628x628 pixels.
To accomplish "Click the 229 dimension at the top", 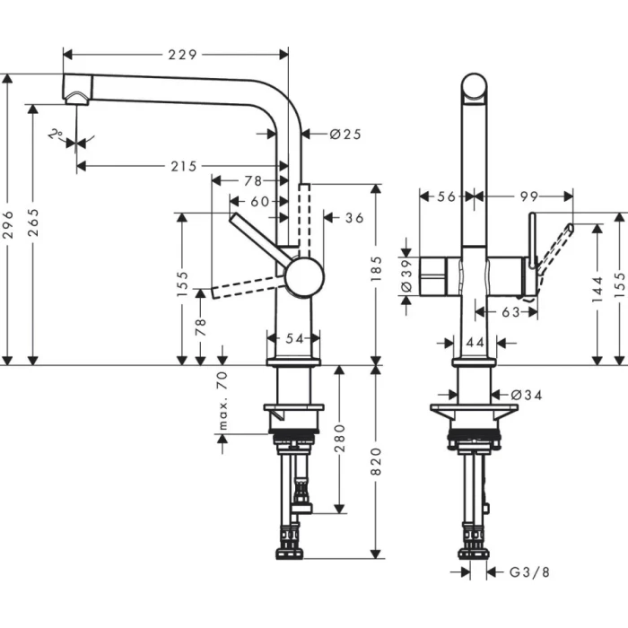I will (x=182, y=55).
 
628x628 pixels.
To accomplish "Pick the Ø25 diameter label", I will (x=345, y=135).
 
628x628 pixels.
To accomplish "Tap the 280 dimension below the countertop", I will (x=340, y=440).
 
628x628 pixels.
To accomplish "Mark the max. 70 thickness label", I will (x=223, y=399).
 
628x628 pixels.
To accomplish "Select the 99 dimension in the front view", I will (x=528, y=195).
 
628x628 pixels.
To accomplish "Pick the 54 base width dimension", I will (x=294, y=338).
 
